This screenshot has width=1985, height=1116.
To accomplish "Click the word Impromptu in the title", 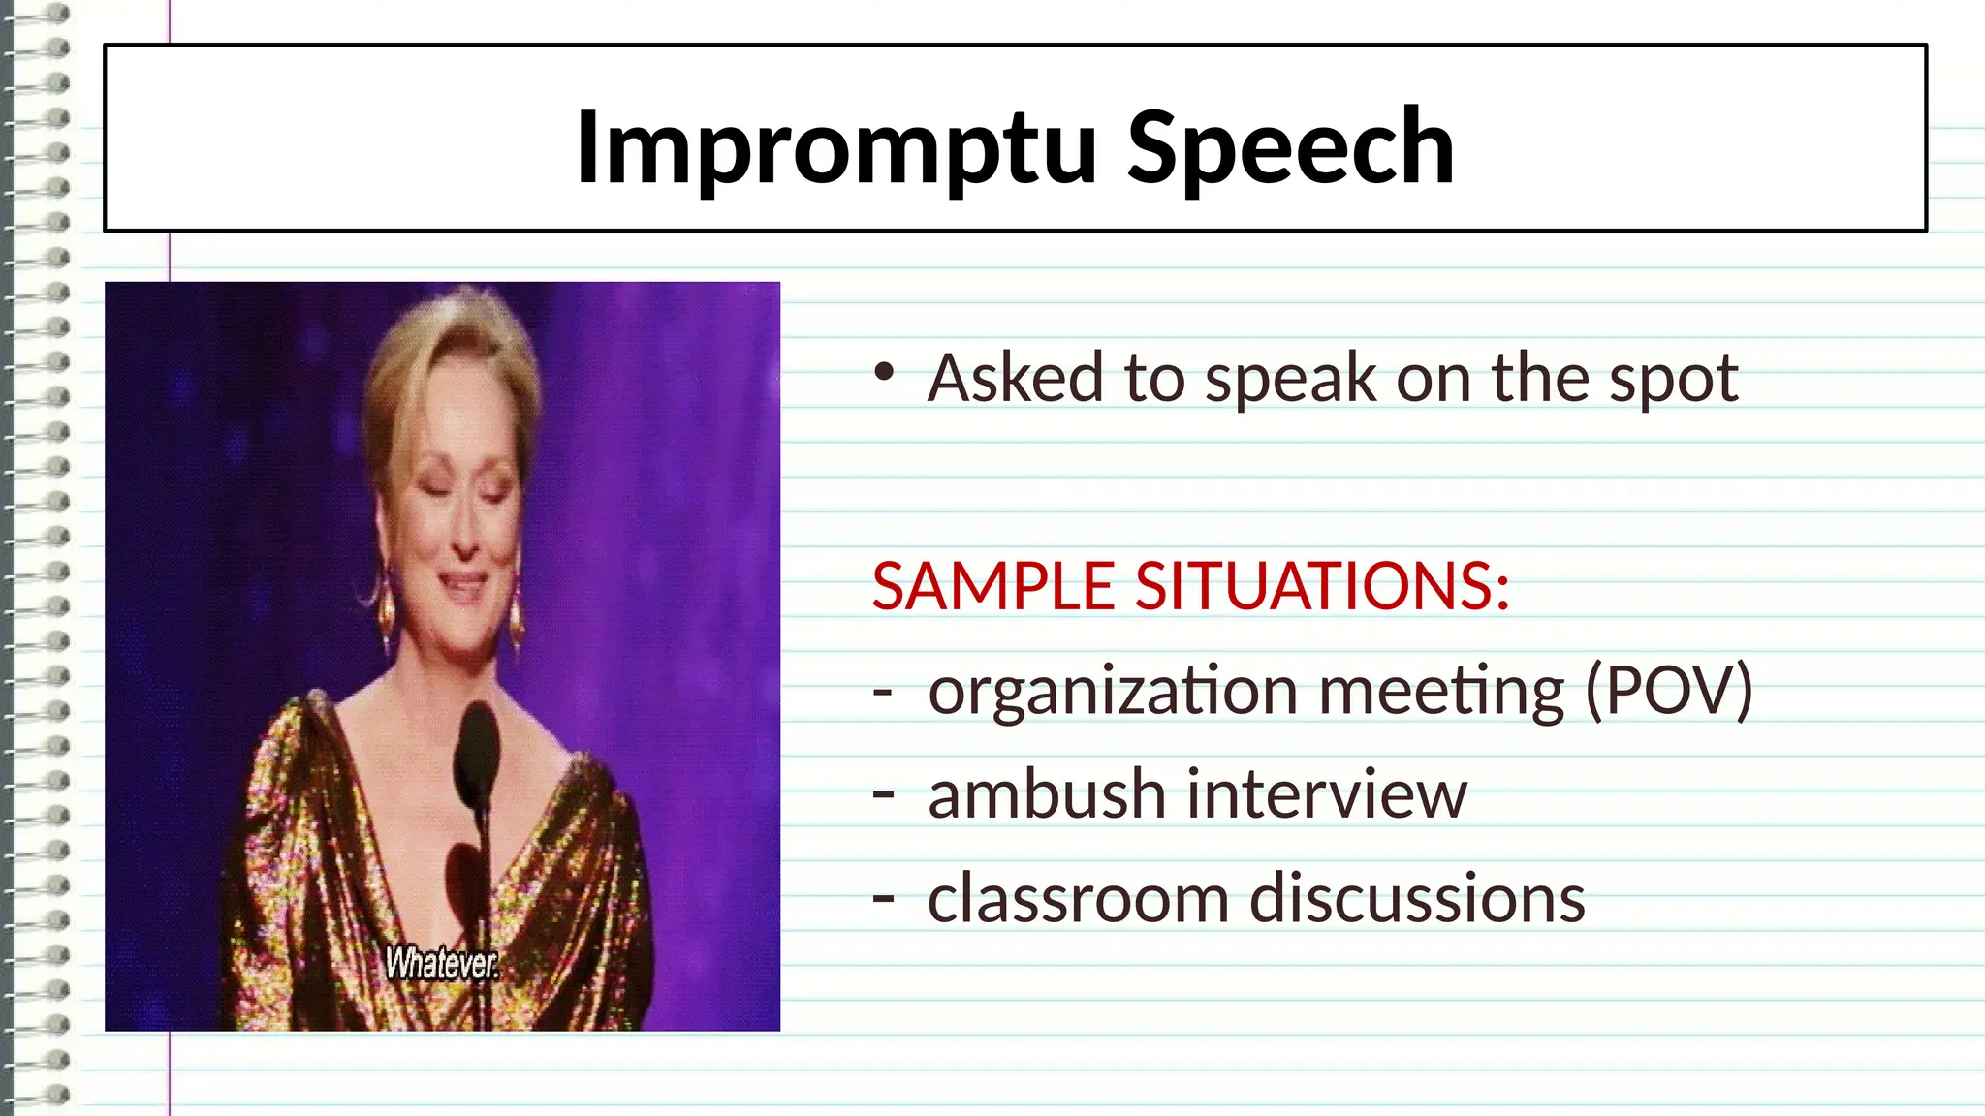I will (835, 147).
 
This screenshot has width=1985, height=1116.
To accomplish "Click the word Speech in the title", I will (1290, 147).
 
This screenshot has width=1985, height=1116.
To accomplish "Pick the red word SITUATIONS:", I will (1322, 586).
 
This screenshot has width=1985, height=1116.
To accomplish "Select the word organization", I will (1113, 691).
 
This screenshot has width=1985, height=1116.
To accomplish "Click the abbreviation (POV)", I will (1669, 691).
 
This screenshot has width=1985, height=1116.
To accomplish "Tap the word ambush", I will (1047, 793).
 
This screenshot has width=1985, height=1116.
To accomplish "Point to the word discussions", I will (1417, 898).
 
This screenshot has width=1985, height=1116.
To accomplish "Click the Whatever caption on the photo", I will (442, 963).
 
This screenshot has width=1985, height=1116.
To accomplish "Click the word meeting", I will (1441, 691).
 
